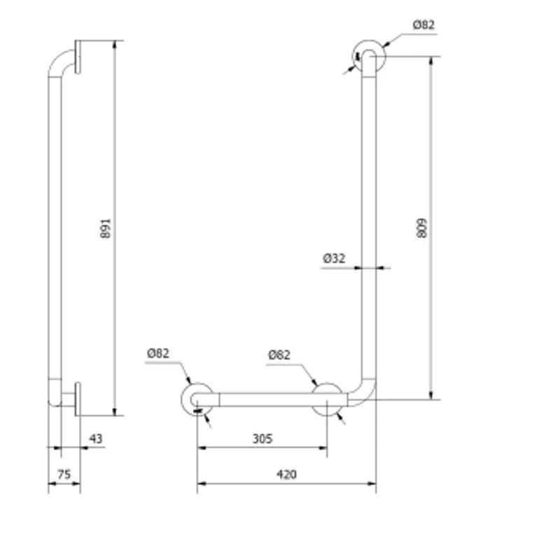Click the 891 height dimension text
tap(106, 228)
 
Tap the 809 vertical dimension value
tap(422, 228)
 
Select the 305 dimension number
tap(262, 438)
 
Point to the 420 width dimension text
tap(286, 475)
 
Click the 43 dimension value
tap(96, 438)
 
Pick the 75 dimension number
tap(64, 475)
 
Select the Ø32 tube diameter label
tap(335, 258)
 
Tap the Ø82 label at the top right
tap(424, 25)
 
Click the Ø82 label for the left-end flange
tap(158, 354)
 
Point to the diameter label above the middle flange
tap(279, 355)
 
